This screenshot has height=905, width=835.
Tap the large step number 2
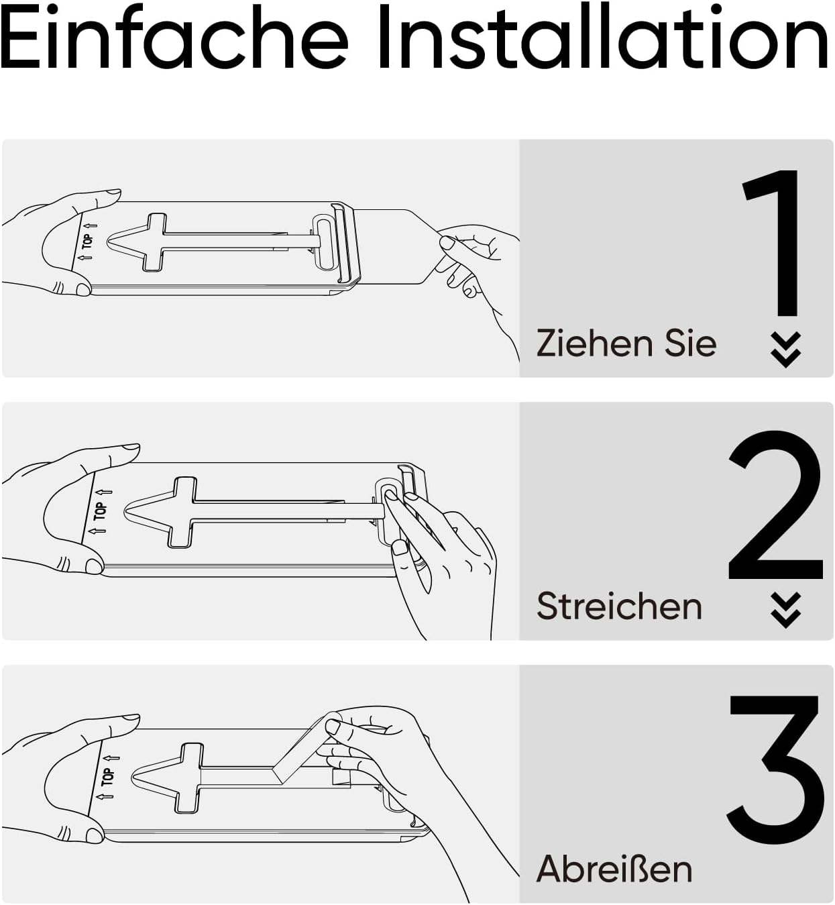(x=775, y=504)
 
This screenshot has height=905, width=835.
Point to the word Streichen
(x=619, y=606)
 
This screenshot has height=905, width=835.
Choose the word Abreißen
(x=614, y=869)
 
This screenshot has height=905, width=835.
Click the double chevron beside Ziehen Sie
(x=786, y=350)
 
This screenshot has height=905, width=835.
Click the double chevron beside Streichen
(x=786, y=610)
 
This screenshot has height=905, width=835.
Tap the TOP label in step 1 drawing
(x=87, y=242)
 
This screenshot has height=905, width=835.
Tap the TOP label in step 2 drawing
(x=101, y=511)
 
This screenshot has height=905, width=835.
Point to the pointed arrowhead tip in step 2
(x=125, y=512)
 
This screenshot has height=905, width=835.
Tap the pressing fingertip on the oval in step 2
(x=391, y=495)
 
